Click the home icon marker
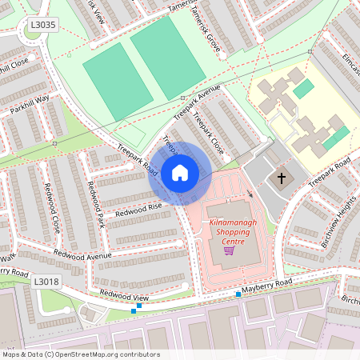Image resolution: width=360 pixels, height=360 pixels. [x=180, y=172]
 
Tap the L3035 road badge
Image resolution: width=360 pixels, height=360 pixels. [x=43, y=25]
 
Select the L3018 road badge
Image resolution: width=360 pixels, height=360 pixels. [x=46, y=282]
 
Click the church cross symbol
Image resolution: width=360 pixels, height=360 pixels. [x=281, y=179]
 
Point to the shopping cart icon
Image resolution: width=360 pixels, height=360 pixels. [x=229, y=250]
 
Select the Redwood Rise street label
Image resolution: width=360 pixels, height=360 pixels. [x=138, y=209]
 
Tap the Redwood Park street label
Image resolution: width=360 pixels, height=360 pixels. [x=96, y=204]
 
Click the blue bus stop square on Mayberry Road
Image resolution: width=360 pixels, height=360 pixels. [x=238, y=294]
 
